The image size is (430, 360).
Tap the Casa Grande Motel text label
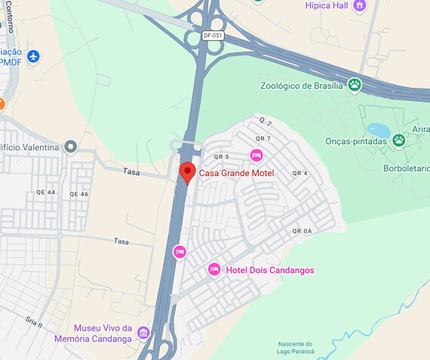coord(236,173)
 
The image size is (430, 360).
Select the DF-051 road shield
coord(213,35)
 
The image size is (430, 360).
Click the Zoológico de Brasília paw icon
coord(355,85)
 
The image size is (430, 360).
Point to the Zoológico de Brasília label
coord(302,85)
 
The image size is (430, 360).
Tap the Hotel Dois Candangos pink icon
coord(214,269)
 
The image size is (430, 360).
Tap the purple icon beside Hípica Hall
coord(359,5)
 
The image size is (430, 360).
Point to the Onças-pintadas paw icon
coord(398,140)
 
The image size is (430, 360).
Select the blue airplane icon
coord(32,56)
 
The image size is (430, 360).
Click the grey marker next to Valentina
coord(70,146)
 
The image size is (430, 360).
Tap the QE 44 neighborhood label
coord(46,193)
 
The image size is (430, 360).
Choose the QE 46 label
coord(79,194)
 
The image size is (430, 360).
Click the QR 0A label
coord(302,231)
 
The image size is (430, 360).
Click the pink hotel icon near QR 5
coord(256,155)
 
